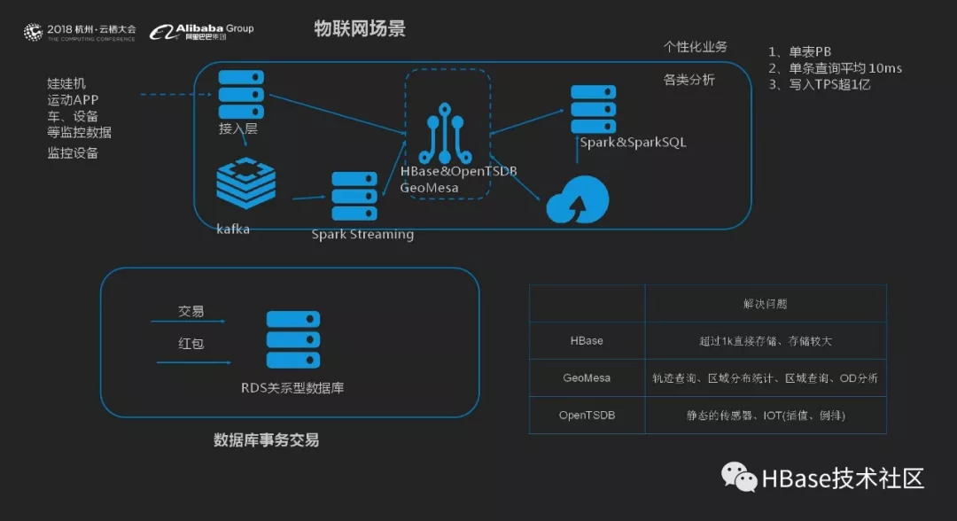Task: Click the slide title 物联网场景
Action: click(360, 29)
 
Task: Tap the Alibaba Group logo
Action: click(201, 32)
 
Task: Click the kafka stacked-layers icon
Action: click(245, 183)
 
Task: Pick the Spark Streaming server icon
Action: click(354, 197)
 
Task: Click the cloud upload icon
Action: click(576, 200)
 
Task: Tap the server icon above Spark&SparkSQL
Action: click(594, 109)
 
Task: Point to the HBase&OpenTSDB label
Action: click(458, 171)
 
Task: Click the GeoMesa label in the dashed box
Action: click(429, 188)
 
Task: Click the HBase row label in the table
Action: click(587, 340)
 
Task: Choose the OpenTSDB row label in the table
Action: click(587, 415)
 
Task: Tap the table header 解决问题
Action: click(765, 304)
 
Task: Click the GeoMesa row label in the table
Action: click(587, 377)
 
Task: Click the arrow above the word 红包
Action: click(188, 322)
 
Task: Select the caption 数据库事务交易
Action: click(266, 440)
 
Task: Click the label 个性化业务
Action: click(696, 47)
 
